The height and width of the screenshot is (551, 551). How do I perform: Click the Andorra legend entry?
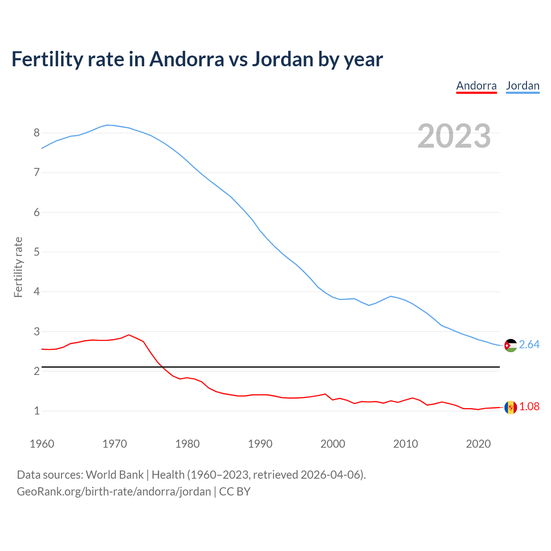click(476, 86)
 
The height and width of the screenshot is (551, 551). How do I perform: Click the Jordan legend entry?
click(523, 86)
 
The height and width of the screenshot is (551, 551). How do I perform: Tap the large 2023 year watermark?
click(454, 136)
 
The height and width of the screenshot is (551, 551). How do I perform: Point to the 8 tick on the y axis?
click(37, 133)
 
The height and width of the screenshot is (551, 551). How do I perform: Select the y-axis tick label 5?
click(37, 252)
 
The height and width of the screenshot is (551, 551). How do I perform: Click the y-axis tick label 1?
click(37, 411)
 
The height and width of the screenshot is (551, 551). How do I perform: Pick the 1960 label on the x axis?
click(42, 444)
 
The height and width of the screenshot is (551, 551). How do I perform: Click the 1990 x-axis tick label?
click(260, 444)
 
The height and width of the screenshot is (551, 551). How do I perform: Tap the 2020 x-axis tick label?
click(478, 444)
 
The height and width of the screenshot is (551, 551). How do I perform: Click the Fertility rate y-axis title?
click(18, 267)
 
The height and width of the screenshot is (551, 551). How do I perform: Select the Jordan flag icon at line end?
click(511, 345)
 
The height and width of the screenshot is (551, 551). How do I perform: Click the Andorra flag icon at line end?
click(511, 407)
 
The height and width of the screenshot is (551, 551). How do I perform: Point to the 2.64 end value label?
click(529, 345)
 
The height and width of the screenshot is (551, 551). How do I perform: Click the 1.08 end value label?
click(529, 407)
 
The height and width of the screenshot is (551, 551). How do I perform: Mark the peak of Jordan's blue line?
click(107, 125)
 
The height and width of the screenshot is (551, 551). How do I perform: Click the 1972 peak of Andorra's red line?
click(129, 335)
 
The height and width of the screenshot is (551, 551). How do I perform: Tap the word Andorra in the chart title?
click(187, 59)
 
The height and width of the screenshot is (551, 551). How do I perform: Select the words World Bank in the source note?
click(115, 475)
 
